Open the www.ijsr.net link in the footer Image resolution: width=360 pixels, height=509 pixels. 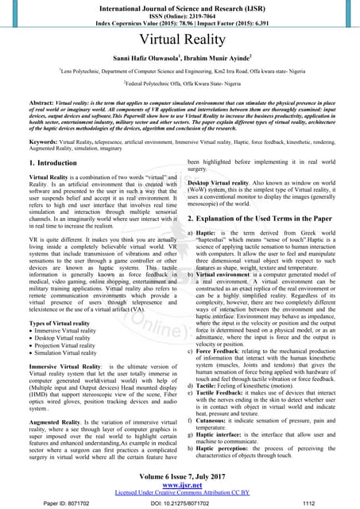pos(180,485)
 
